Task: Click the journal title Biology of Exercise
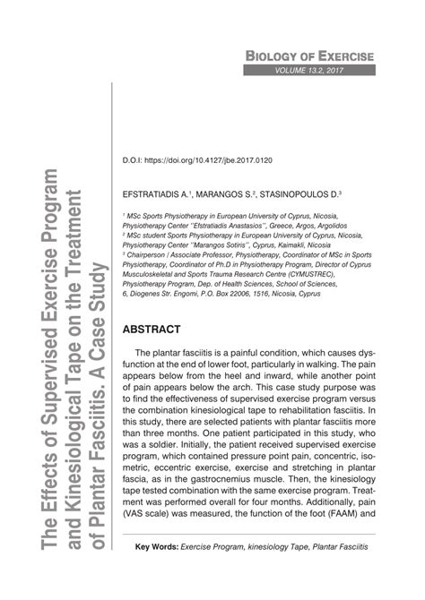(309, 55)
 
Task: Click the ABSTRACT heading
(153, 304)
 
